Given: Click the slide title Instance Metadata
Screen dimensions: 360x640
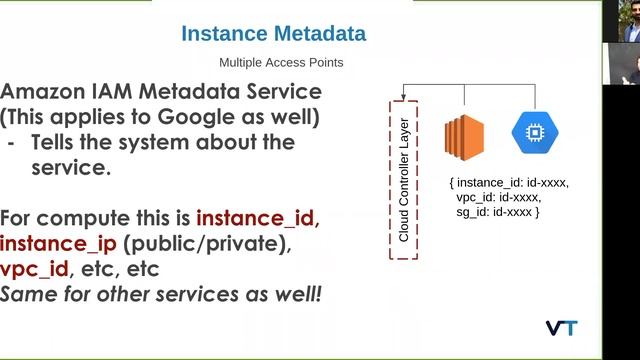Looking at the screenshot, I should point(273,35).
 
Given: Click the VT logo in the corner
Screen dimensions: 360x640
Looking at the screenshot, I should point(561,328).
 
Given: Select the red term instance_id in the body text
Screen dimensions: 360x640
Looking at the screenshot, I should point(258,218).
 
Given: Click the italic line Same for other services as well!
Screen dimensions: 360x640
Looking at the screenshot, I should point(164,297).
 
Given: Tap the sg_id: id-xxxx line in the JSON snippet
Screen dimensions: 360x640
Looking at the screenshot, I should point(497,213).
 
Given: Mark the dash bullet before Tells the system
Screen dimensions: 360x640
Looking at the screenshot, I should point(11,143).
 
